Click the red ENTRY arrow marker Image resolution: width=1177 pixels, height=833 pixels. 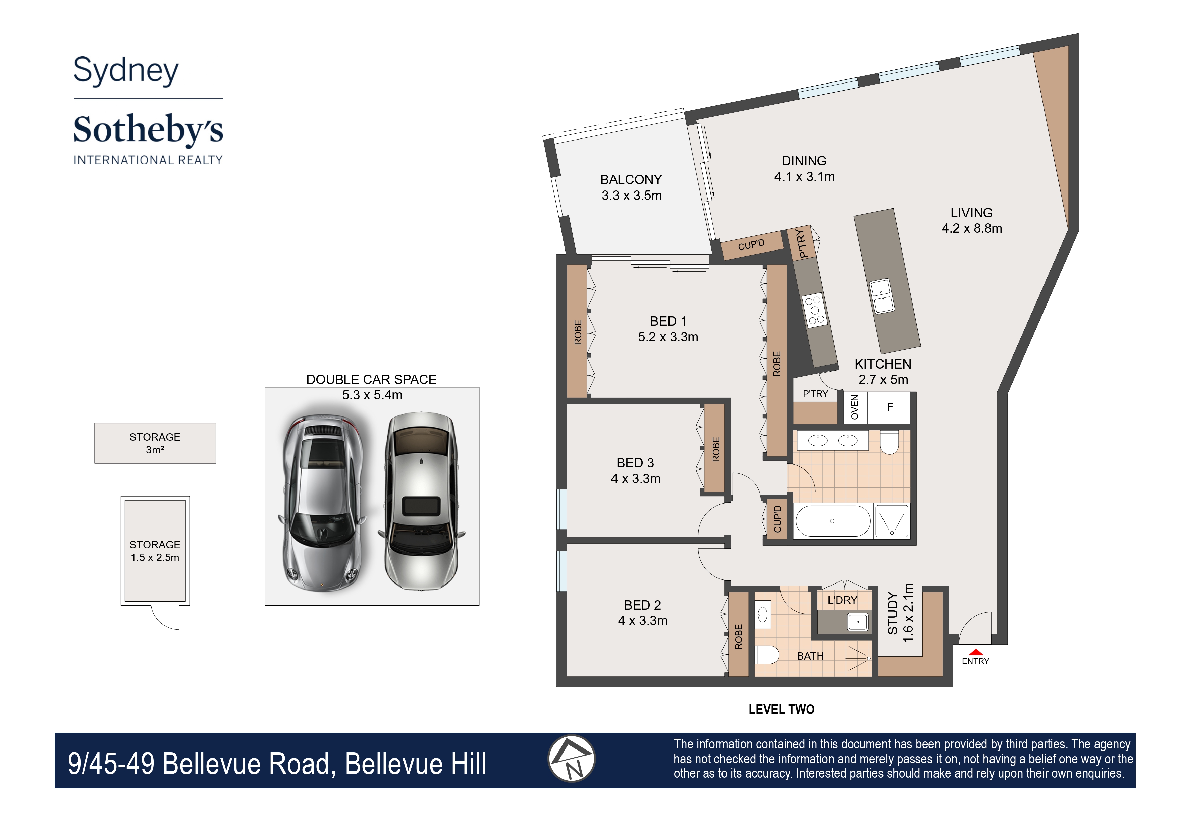click(975, 652)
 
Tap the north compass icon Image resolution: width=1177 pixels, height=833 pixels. click(572, 759)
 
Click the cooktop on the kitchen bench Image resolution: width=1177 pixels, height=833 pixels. click(814, 310)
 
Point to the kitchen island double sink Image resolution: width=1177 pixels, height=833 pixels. click(882, 296)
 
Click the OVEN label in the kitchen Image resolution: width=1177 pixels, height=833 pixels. click(855, 407)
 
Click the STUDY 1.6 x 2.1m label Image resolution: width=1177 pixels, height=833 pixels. click(901, 613)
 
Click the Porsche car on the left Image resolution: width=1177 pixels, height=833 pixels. click(322, 503)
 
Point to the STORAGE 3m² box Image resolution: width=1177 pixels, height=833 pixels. click(155, 443)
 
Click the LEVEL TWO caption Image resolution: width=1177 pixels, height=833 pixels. click(782, 709)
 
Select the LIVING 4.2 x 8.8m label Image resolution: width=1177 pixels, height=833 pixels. click(971, 221)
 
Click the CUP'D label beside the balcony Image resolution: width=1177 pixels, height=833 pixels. click(751, 245)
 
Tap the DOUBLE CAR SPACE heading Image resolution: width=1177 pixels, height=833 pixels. click(371, 380)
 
